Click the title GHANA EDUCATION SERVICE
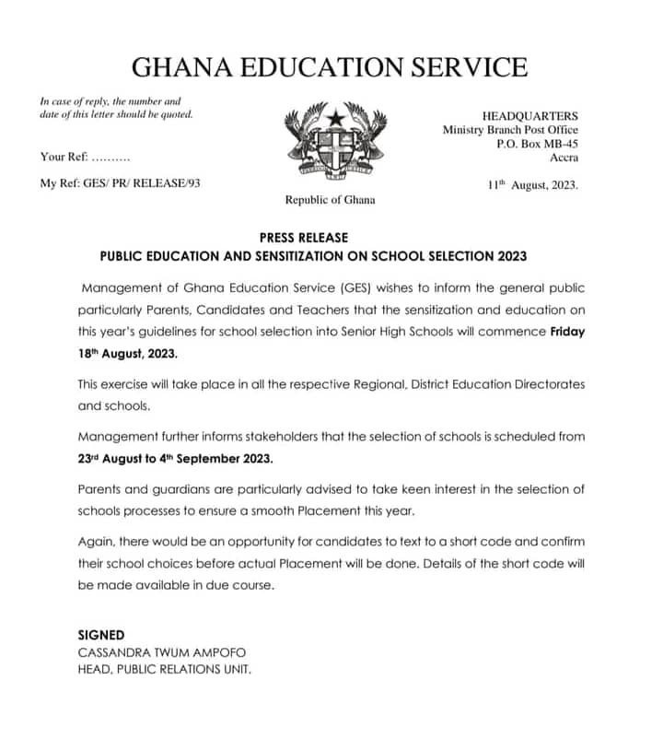[330, 67]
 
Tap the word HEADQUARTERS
[530, 116]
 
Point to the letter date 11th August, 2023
[532, 184]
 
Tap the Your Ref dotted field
[110, 158]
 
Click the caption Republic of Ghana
[330, 200]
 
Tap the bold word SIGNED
[101, 636]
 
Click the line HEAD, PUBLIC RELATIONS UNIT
[164, 669]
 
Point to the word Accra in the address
[563, 158]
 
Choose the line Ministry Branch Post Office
[510, 130]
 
